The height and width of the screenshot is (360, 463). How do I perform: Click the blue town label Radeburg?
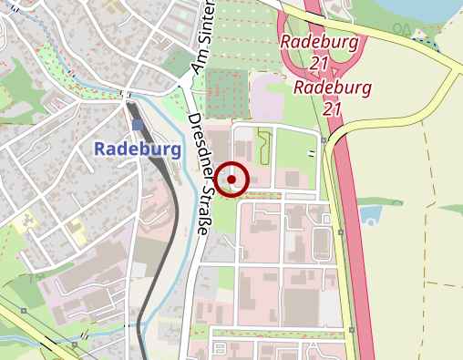[138, 148]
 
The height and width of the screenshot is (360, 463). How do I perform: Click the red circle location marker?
[233, 180]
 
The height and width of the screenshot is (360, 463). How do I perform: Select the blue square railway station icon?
[138, 125]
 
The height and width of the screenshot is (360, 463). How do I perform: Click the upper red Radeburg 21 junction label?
[318, 51]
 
